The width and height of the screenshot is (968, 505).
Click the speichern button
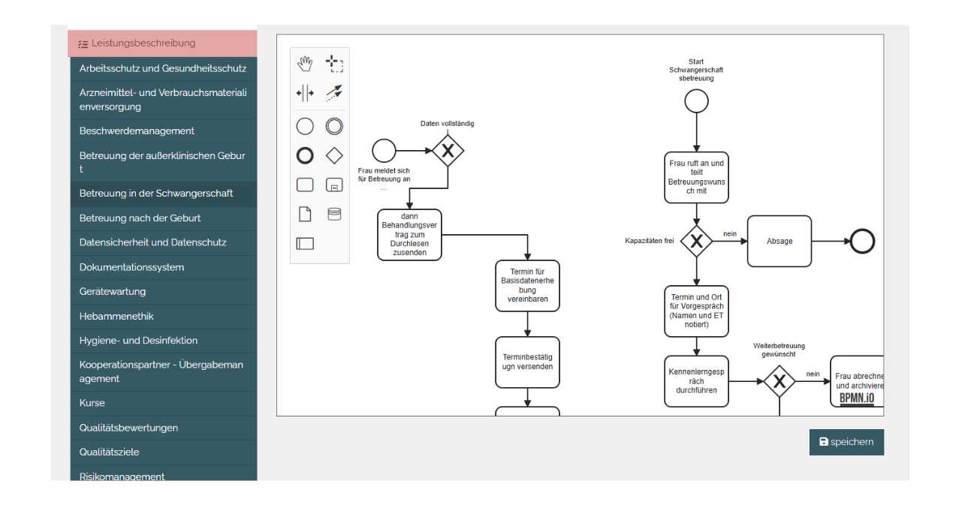pos(846,442)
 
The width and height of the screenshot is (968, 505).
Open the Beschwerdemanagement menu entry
pos(137,131)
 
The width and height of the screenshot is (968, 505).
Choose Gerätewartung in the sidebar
pos(113,291)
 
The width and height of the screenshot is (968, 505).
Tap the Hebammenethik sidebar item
pos(116,316)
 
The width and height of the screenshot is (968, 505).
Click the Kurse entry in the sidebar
pos(92,403)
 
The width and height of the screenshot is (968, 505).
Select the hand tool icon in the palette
pos(305,64)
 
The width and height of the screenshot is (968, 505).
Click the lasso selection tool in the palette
pos(334,64)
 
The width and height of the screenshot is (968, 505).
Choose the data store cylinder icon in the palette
pos(334,215)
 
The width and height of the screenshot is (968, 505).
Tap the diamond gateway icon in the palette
pos(334,155)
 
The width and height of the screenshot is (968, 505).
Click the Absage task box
pos(780,241)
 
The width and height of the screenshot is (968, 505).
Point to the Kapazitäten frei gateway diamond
pos(696,241)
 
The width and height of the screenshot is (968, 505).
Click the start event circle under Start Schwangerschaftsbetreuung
pos(696,101)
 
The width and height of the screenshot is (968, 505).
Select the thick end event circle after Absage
pos(863,241)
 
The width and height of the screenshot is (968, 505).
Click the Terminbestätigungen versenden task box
pos(527,362)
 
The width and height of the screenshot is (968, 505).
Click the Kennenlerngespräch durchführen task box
pos(696,381)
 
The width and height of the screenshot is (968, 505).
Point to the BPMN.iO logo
pos(857,398)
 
